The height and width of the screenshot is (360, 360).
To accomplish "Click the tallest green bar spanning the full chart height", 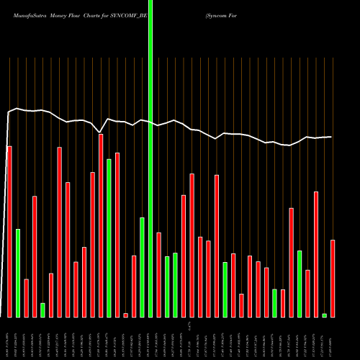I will click(x=150, y=158).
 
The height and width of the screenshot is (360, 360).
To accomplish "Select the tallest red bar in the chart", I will click(x=101, y=225).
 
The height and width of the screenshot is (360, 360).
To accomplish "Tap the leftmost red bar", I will click(x=9, y=231).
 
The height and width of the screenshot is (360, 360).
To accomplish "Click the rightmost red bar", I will click(x=333, y=278).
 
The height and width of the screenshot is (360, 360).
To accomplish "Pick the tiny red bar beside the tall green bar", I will click(x=125, y=315).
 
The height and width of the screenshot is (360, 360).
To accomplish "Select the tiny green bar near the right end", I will click(x=324, y=315).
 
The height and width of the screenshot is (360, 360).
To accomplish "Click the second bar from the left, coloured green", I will click(x=18, y=273).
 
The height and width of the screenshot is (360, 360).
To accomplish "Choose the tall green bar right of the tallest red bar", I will click(x=109, y=238).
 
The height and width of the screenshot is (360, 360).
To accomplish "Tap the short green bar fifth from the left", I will click(x=42, y=310).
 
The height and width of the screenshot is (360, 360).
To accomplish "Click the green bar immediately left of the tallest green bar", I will click(x=142, y=266).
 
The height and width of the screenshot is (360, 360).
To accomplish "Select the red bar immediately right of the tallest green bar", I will click(x=158, y=274).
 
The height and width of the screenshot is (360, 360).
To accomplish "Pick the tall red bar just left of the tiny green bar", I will click(x=316, y=253).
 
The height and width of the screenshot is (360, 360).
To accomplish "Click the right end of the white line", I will click(x=332, y=137).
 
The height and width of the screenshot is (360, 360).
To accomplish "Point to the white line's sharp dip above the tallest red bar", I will click(x=99, y=132).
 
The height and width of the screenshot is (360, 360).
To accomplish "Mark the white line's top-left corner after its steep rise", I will click(x=9, y=112).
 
